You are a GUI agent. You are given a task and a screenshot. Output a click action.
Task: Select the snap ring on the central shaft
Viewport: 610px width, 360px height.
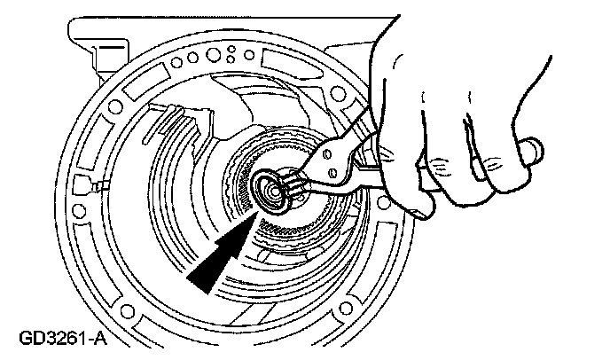[266, 188]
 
